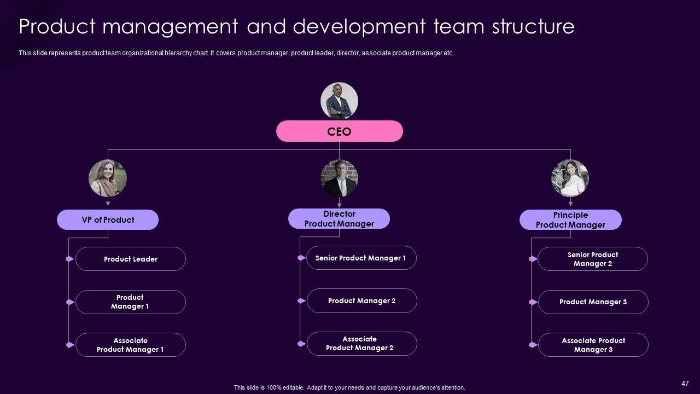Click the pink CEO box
click(340, 131)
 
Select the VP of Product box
click(108, 219)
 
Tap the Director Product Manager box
click(339, 218)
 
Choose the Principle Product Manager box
click(570, 219)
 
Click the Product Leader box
click(131, 259)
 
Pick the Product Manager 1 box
click(131, 302)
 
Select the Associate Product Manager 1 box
click(131, 345)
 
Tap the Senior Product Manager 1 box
click(361, 258)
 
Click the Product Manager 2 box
click(362, 300)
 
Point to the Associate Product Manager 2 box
click(362, 343)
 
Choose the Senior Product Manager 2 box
click(593, 259)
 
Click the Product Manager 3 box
click(593, 302)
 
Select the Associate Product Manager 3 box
click(593, 345)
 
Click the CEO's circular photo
click(339, 101)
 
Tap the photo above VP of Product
click(108, 178)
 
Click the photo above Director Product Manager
click(339, 178)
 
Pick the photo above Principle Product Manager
click(570, 178)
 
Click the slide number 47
click(685, 384)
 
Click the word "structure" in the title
click(533, 26)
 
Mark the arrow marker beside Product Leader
click(69, 259)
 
